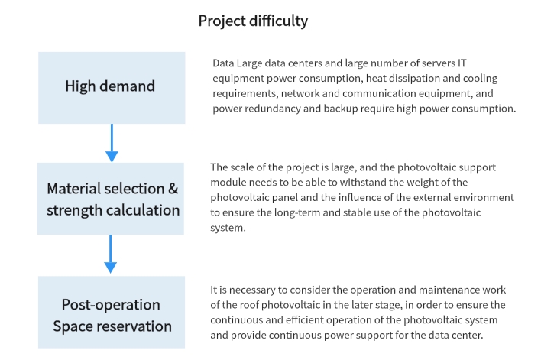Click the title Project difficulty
[x=253, y=21]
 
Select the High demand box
[x=112, y=88]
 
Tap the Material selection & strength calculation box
[x=110, y=199]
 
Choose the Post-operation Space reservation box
[x=112, y=312]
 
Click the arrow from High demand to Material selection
[x=112, y=143]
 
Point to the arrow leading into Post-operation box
[x=110, y=254]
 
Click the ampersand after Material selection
[x=173, y=189]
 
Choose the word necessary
[x=252, y=290]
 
